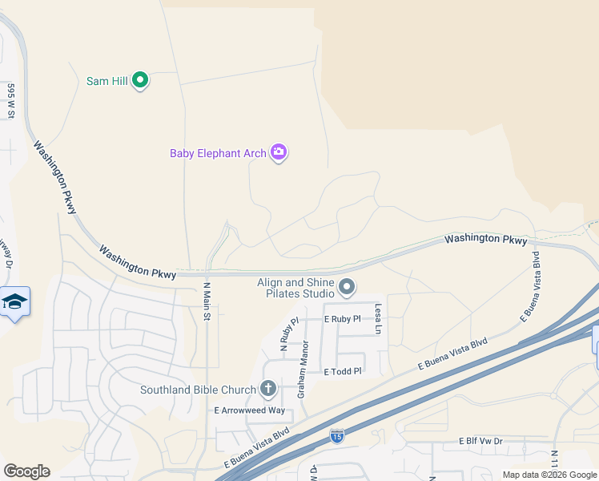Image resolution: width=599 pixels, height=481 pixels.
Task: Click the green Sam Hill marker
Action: pos(140,79)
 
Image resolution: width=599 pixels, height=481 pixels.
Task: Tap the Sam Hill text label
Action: pos(107,80)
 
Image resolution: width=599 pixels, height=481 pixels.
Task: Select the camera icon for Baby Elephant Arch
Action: pos(279,152)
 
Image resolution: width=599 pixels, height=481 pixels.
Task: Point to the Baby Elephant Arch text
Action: pos(218,153)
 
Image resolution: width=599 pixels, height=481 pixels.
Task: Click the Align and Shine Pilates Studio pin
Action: pos(347,286)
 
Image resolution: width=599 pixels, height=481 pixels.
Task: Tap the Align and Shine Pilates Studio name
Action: pos(295,289)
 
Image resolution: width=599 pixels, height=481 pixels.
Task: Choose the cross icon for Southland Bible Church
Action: pos(267,390)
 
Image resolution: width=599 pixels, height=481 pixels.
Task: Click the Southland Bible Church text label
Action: pos(198,390)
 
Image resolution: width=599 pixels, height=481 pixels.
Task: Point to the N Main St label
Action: pos(206,301)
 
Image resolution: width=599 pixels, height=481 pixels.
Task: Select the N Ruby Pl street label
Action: pos(288,335)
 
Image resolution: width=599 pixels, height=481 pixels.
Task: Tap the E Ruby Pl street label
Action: pos(343,318)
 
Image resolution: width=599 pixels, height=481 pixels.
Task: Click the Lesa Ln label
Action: pos(379,319)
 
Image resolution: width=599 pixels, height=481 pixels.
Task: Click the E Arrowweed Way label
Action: pos(249,410)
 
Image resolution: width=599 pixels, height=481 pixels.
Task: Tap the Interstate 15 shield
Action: pos(336,437)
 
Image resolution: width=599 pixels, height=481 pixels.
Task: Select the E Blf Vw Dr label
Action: pos(480,441)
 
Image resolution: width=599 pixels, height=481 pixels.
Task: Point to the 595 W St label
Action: pos(11,100)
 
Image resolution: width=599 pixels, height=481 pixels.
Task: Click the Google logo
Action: pos(26,471)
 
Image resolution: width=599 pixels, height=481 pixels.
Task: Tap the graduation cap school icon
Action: pos(14,301)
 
